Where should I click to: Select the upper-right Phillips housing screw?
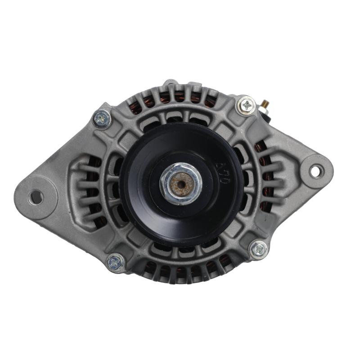(x=246, y=106)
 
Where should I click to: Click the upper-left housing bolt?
(x=102, y=119)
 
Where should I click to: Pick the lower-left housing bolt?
(x=115, y=263)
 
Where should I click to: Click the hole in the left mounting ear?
(x=35, y=197)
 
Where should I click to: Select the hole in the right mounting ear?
(x=316, y=171)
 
